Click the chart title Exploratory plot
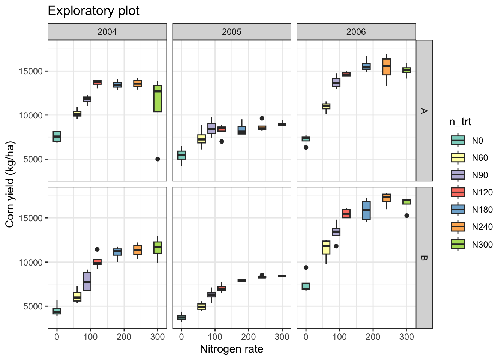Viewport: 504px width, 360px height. tap(93, 11)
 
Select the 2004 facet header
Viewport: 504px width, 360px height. tap(107, 32)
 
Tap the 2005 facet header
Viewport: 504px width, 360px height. tap(232, 32)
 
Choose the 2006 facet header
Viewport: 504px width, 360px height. tap(356, 32)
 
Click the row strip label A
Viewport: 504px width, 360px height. tap(424, 111)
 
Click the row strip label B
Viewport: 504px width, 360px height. tap(424, 258)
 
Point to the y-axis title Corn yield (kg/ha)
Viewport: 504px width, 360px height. tap(10, 184)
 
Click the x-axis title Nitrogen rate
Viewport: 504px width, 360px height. tap(231, 349)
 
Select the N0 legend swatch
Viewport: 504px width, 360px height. tap(457, 141)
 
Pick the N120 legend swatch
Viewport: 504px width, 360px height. tap(457, 192)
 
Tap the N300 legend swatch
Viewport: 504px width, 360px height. tap(457, 244)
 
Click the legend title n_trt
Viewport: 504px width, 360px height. tap(460, 122)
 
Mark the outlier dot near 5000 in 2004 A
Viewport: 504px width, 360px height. tap(157, 159)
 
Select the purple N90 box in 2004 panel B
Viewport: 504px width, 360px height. tap(87, 281)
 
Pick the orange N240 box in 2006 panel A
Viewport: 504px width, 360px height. tap(386, 67)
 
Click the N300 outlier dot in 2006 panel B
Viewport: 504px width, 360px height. tap(406, 216)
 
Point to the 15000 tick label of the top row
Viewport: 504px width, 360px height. tap(31, 71)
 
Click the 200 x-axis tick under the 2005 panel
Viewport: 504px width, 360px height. tap(249, 337)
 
